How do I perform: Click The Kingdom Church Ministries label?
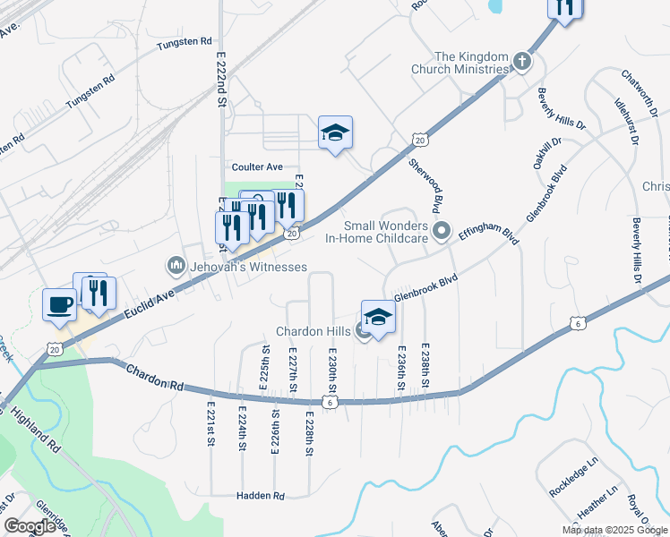459,63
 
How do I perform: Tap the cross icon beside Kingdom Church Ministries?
522,62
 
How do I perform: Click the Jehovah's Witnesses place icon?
176,267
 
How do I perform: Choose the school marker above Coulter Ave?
335,133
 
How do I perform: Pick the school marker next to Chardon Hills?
378,318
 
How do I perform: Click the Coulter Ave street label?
257,167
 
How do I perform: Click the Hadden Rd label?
260,496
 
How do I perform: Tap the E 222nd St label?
221,79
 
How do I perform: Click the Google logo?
30,526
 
